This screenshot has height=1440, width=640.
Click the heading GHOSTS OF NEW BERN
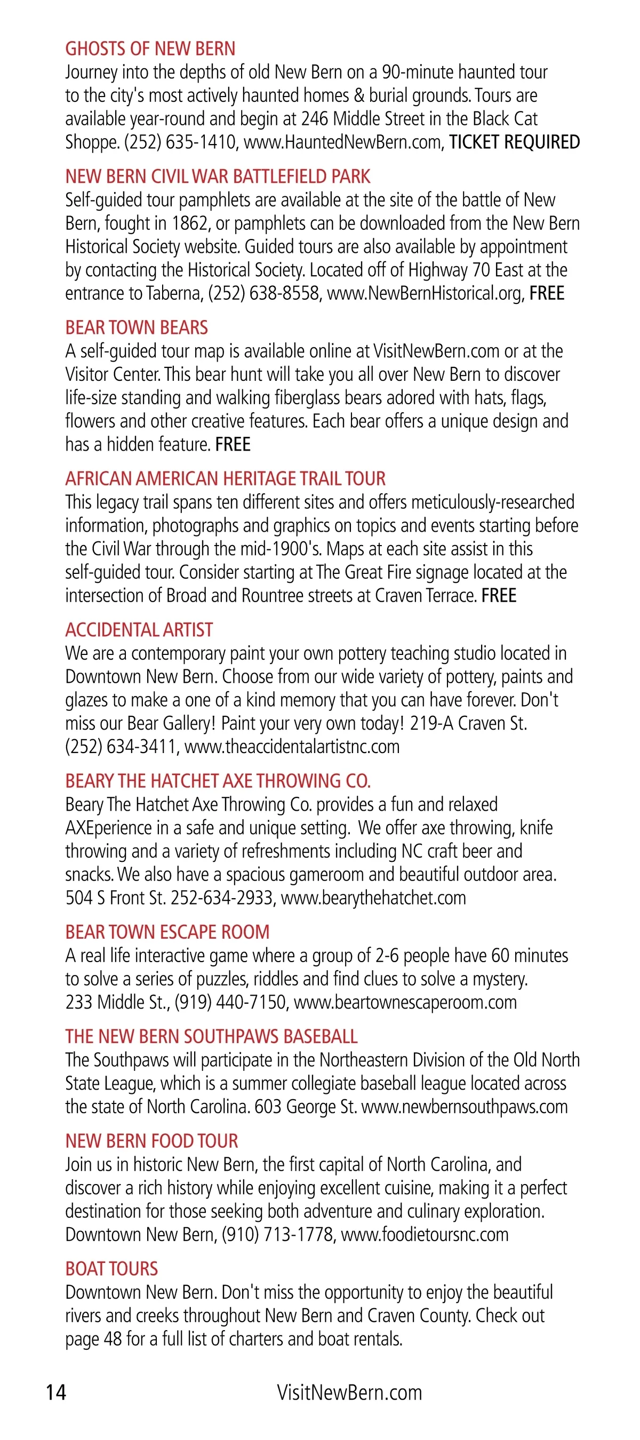150,49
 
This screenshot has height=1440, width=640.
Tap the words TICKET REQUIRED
514,142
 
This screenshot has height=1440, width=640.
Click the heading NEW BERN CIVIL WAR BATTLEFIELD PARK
218,177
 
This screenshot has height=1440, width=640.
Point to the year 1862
190,223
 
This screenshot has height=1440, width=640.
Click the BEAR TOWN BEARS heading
137,327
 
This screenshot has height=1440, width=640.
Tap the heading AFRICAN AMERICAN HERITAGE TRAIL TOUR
225,479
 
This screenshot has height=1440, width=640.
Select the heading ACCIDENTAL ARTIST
139,630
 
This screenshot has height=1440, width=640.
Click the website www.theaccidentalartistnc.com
292,747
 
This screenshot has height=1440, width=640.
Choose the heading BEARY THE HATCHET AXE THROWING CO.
218,781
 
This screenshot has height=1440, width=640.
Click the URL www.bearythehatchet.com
373,898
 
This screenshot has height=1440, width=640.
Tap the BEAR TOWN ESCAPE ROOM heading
167,932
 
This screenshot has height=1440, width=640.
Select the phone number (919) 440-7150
230,1002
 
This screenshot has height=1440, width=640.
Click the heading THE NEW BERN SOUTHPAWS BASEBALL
211,1036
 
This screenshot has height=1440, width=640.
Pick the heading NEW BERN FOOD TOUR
151,1141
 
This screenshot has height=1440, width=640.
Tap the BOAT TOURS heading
111,1269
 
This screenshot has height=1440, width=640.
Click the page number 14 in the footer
56,1392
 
